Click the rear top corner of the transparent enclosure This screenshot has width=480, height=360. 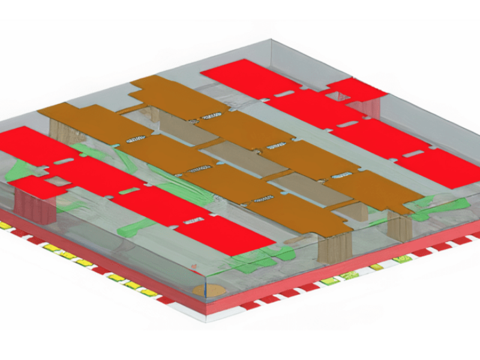(x=271, y=41)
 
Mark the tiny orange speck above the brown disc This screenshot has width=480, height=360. (x=193, y=266)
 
